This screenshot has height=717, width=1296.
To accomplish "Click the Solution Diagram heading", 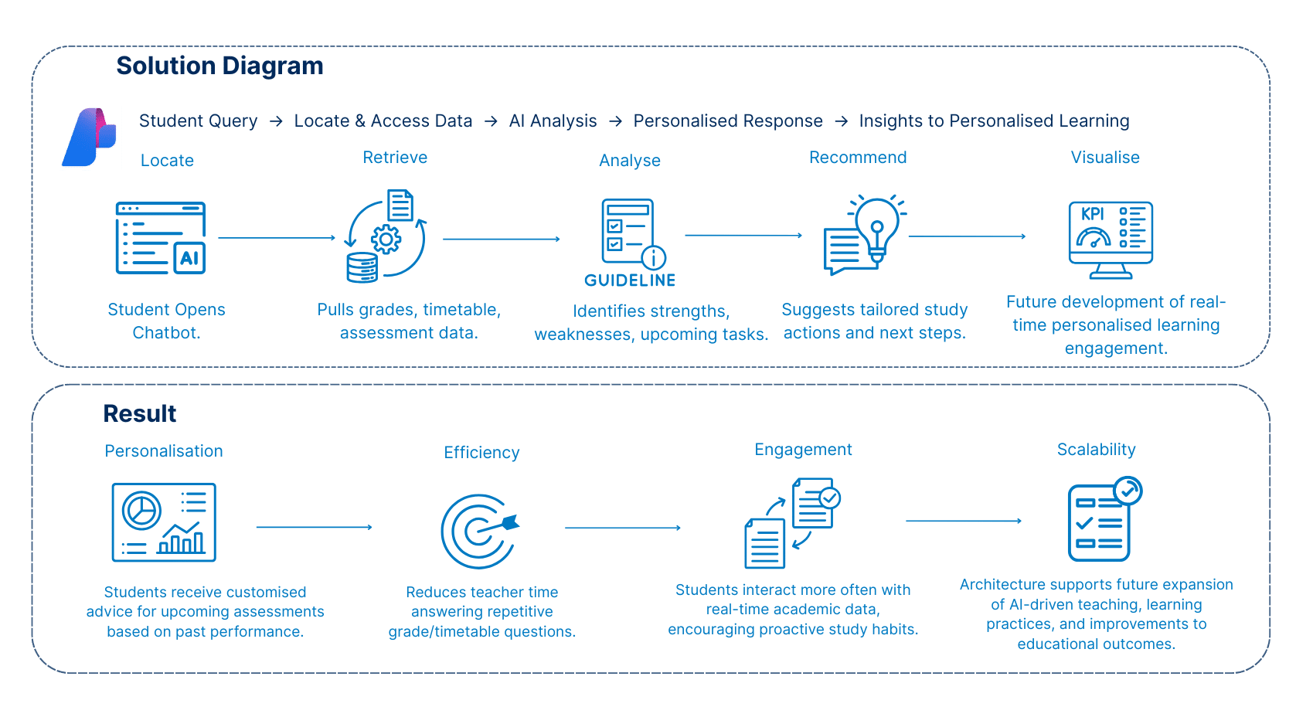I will (219, 66).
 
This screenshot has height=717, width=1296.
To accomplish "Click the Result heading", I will (140, 414).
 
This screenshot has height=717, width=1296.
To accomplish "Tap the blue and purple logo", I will (89, 138).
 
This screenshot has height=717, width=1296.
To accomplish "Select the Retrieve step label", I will (395, 158).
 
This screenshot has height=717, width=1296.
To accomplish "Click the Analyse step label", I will (630, 161).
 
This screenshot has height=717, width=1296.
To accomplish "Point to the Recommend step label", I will (858, 158).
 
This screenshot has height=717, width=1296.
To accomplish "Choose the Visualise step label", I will (1105, 158).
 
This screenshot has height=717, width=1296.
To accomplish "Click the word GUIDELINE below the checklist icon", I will (630, 280).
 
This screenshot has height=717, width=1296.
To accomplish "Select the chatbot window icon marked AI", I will (161, 238).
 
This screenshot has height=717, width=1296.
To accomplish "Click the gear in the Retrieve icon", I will (386, 239).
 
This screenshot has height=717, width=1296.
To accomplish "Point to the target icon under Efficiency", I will (479, 530).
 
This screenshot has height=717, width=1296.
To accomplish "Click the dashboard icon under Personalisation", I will (164, 522).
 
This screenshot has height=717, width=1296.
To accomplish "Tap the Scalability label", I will (1096, 450).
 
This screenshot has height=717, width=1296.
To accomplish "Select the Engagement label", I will (803, 450).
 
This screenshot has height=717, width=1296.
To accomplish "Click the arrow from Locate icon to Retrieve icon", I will (277, 238).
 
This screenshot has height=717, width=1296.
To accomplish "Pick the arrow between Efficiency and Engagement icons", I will (622, 528).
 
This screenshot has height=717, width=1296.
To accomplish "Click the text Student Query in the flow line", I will (198, 121).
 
